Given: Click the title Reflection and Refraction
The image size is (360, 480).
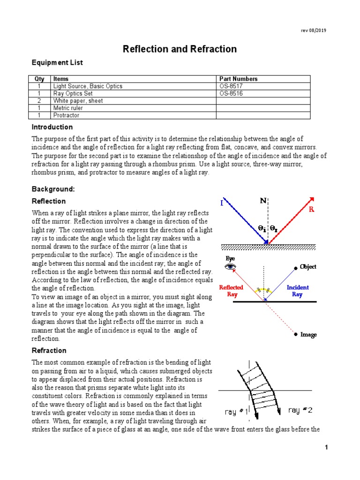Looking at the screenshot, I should tap(180, 49).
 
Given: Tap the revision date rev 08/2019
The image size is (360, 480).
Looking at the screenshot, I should tap(314, 30).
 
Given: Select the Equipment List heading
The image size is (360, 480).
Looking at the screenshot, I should tap(57, 62).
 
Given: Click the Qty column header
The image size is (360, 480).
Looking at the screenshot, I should tap(39, 79).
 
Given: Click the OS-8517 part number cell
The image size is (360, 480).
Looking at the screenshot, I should tap(231, 86).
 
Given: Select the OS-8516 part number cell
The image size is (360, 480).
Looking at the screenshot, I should tap(231, 93).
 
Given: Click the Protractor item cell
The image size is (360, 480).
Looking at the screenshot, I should tap(66, 115).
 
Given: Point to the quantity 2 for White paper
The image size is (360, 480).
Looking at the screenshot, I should tap(39, 101).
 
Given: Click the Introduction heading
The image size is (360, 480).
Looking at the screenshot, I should tap(52, 127).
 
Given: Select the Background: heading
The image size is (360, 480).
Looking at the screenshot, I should tap(53, 189).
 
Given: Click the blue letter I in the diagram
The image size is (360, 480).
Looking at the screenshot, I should tap(222, 203).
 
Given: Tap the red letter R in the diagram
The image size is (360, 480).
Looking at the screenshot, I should tap(311, 210).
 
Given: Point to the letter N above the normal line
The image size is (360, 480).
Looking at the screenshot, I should tap(263, 201).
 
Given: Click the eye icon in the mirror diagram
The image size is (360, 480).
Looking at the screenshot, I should tap(230, 267).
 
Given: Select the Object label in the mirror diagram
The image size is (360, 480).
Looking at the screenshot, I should tap(308, 267).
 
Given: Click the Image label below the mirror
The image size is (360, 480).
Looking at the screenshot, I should tap(308, 335).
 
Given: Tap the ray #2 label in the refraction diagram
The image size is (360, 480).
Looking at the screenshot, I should tap(300, 410).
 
